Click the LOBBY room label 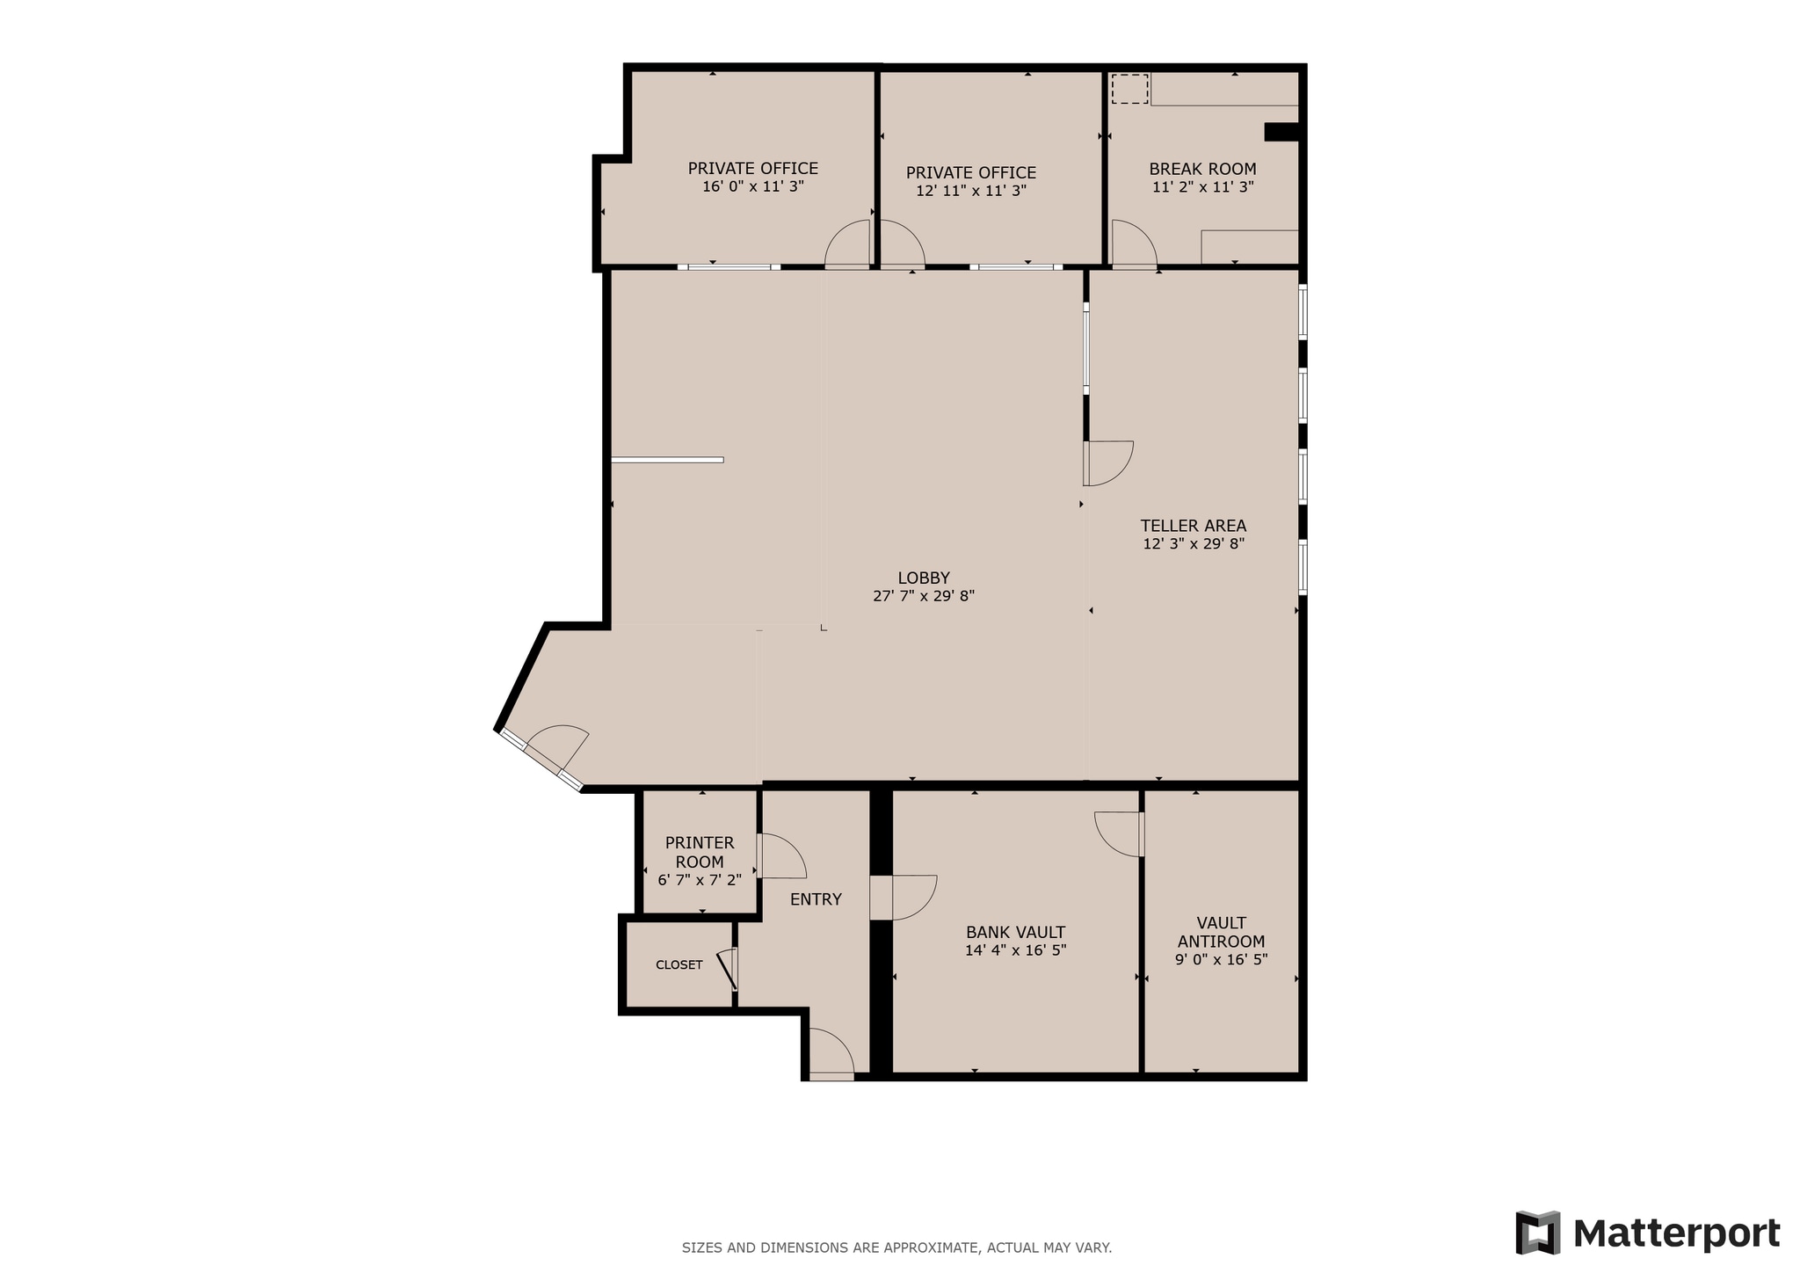pyautogui.click(x=923, y=578)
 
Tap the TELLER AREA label pyautogui.click(x=1193, y=526)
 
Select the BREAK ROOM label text pyautogui.click(x=1202, y=169)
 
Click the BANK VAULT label pyautogui.click(x=1015, y=932)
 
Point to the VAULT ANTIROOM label pyautogui.click(x=1221, y=932)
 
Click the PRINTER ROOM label pyautogui.click(x=700, y=852)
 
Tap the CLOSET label pyautogui.click(x=679, y=964)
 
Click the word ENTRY pyautogui.click(x=816, y=899)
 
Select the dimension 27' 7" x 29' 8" pyautogui.click(x=923, y=596)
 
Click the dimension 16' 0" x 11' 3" pyautogui.click(x=753, y=186)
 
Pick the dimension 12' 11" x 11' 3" pyautogui.click(x=971, y=191)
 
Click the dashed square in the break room pyautogui.click(x=1129, y=89)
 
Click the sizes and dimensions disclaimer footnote pyautogui.click(x=896, y=1248)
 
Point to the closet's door pyautogui.click(x=728, y=970)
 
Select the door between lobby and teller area pyautogui.click(x=1107, y=463)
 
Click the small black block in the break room pyautogui.click(x=1281, y=132)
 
